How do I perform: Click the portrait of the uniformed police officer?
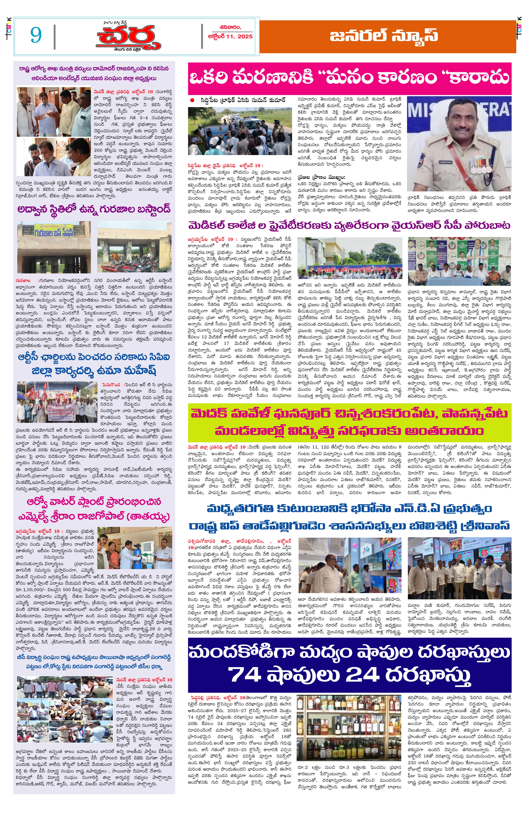(x=459, y=144)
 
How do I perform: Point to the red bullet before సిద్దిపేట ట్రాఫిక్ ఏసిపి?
(x=192, y=100)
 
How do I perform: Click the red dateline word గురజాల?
(x=23, y=280)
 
